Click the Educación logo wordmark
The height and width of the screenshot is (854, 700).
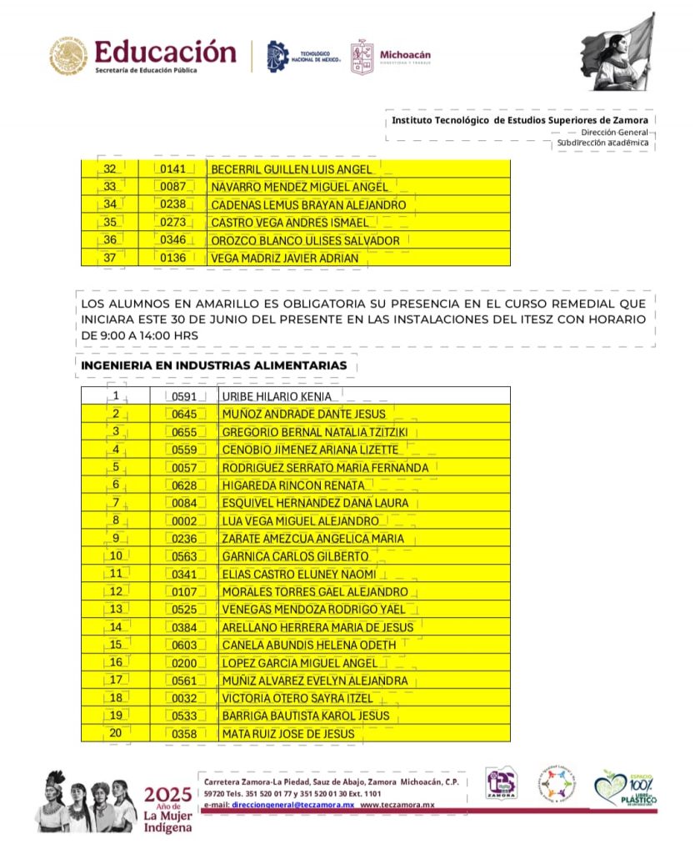click(166, 52)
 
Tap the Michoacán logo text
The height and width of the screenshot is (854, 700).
click(405, 55)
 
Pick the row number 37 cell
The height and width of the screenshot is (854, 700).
click(109, 259)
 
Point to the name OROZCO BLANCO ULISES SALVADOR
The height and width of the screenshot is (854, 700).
click(305, 240)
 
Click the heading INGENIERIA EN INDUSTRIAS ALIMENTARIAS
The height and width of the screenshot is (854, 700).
click(214, 365)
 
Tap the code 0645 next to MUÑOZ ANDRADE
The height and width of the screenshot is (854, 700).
click(183, 414)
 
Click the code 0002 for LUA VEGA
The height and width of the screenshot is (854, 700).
click(183, 521)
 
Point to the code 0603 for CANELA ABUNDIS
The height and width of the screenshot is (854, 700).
click(183, 646)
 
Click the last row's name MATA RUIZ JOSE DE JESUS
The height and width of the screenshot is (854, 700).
click(288, 734)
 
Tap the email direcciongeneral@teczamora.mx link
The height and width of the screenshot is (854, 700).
click(292, 805)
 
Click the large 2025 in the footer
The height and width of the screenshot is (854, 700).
click(168, 794)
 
